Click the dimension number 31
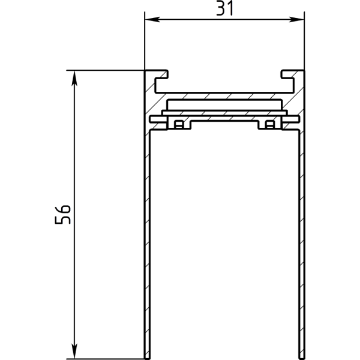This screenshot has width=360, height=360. [224, 8]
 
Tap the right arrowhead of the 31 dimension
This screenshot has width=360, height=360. [299, 20]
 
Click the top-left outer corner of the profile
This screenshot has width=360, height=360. [145, 71]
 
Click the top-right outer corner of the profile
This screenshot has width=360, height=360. [304, 71]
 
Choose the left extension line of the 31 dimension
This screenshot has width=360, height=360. [145, 42]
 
